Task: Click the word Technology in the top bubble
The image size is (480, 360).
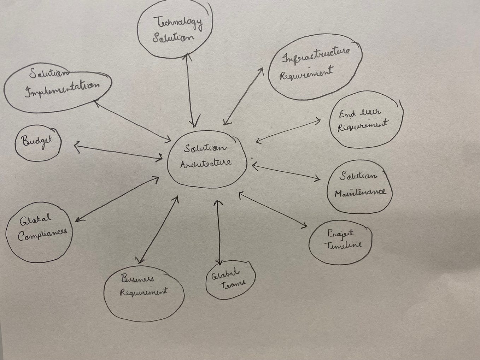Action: tap(178, 23)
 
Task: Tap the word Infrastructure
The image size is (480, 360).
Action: tap(316, 55)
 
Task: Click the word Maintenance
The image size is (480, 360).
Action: tap(360, 193)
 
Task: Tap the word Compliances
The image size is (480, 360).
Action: tap(42, 235)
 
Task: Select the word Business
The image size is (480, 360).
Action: tap(137, 279)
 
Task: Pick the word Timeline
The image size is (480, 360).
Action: tap(343, 245)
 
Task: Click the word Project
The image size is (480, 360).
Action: tap(340, 234)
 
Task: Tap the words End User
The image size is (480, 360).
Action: tap(360, 113)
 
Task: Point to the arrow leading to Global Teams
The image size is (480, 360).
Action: tap(218, 232)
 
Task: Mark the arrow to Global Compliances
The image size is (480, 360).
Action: tap(117, 199)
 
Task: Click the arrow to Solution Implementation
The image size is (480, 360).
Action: tap(133, 121)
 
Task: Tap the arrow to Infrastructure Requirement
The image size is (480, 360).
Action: tap(243, 96)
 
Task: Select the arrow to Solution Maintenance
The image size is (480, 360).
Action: tap(286, 172)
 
